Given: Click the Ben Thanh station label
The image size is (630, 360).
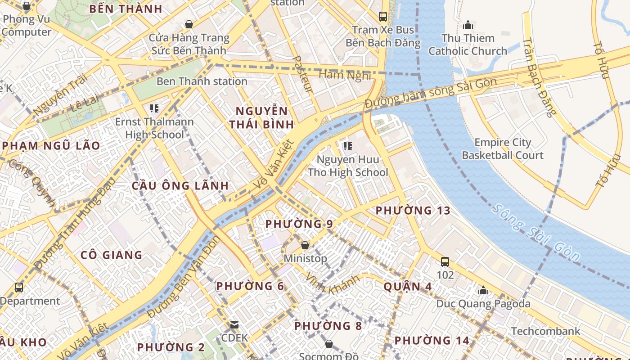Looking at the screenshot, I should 202,81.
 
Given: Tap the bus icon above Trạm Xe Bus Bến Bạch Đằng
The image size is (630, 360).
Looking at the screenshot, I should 383,17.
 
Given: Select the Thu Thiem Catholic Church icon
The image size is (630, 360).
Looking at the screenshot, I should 468,24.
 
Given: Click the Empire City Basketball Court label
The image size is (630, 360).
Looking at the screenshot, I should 503,149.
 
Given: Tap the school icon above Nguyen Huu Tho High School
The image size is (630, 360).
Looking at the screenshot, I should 347,146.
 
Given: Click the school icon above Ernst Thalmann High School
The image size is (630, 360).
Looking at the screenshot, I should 154,108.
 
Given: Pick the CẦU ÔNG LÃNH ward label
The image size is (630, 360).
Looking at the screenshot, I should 180,186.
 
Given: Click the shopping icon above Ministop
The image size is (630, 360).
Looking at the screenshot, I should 305,245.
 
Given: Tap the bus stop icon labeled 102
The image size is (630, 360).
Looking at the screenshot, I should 445,261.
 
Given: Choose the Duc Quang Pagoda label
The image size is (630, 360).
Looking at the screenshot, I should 483,304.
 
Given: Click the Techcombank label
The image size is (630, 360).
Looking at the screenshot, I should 545,331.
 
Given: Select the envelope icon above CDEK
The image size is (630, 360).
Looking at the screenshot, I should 234,324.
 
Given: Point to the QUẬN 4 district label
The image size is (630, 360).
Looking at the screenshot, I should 408,287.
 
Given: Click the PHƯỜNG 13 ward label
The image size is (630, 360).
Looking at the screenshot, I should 413,211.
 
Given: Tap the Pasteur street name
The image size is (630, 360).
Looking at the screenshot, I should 302,74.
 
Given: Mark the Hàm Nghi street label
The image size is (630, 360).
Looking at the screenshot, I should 345,75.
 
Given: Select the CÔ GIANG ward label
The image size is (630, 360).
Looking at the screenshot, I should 111,255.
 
